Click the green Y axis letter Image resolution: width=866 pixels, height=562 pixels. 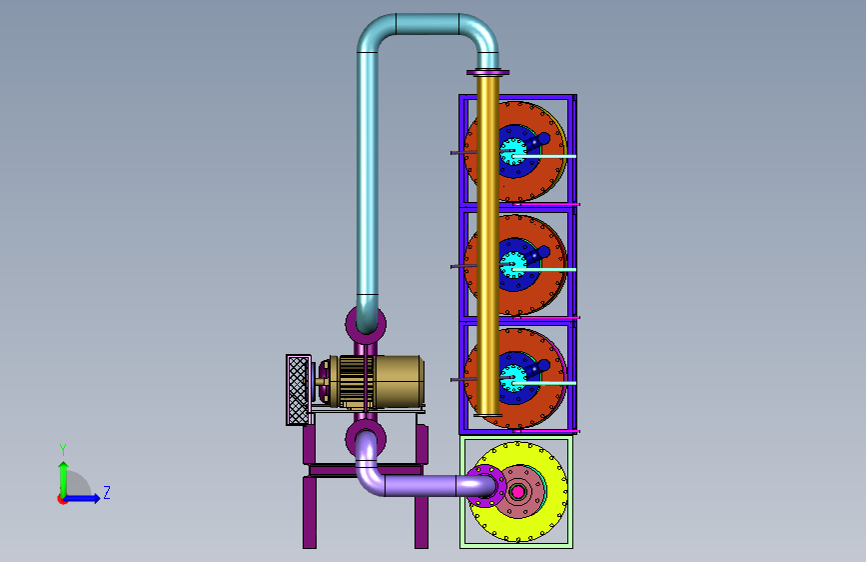[x=63, y=449]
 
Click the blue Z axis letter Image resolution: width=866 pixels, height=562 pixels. [x=107, y=492]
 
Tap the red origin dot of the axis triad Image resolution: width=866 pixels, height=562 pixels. [x=62, y=499]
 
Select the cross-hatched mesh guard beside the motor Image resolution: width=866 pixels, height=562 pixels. [x=299, y=390]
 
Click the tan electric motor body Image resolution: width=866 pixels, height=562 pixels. [x=399, y=382]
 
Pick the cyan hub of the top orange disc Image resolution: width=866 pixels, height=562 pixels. [x=513, y=151]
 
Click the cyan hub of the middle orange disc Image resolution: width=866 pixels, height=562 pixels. [x=513, y=264]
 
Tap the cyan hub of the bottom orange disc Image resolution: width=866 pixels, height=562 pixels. [x=513, y=378]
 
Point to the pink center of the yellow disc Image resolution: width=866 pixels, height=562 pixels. [x=518, y=492]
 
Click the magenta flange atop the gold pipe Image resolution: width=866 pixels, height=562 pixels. [x=487, y=72]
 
